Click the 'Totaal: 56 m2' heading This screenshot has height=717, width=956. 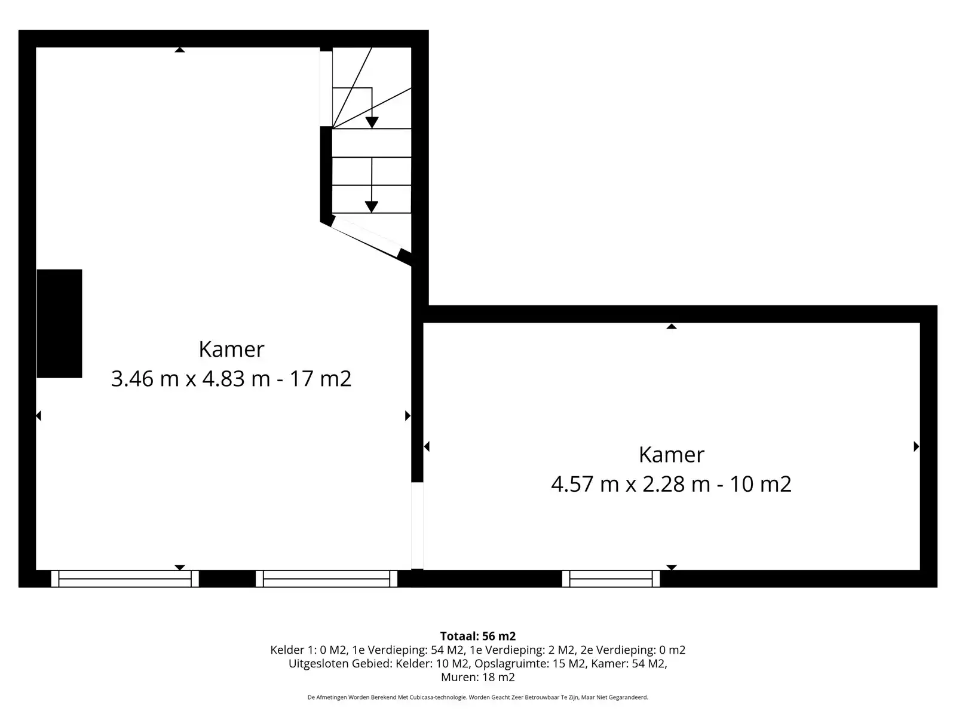click(478, 636)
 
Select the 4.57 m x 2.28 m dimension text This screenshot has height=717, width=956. click(630, 483)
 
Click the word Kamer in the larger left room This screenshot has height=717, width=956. click(231, 349)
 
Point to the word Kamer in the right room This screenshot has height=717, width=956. click(671, 455)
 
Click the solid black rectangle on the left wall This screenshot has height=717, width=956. click(59, 323)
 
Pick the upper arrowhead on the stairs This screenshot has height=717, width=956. click(372, 122)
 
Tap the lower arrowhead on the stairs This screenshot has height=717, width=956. click(371, 207)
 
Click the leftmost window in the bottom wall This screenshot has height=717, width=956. click(125, 579)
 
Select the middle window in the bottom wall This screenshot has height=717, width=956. click(327, 579)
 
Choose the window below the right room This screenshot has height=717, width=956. click(611, 579)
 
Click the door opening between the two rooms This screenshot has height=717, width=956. click(417, 525)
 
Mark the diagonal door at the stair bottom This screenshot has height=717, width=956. click(366, 237)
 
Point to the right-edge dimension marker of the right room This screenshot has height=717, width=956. click(917, 446)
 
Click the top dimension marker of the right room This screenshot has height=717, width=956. click(672, 326)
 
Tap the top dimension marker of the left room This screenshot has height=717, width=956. click(180, 50)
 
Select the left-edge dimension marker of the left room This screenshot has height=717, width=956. click(38, 416)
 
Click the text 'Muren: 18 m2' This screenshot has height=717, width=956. click(478, 677)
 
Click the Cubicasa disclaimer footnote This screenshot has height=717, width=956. click(478, 697)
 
